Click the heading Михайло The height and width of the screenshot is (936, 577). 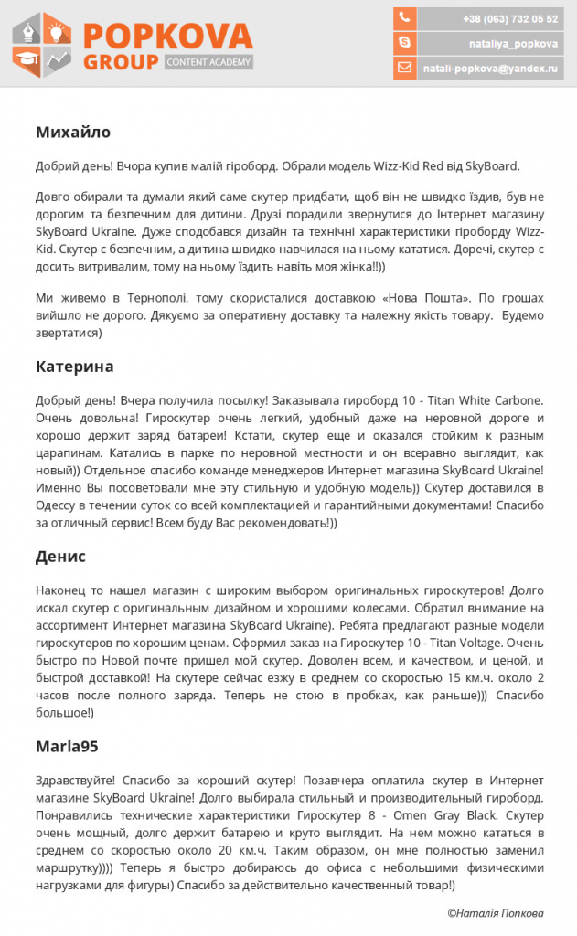(73, 133)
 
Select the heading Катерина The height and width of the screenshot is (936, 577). (75, 367)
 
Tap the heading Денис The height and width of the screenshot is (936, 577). (60, 557)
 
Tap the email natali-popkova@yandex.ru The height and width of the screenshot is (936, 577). (490, 68)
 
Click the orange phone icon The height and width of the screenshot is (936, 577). (405, 18)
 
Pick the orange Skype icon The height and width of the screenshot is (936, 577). (405, 43)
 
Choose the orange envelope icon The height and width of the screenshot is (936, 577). (405, 68)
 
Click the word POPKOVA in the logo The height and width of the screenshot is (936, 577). (167, 37)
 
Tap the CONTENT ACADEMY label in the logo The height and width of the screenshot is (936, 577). (208, 62)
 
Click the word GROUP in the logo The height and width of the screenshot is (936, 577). (121, 62)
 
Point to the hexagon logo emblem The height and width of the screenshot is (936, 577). (42, 44)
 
